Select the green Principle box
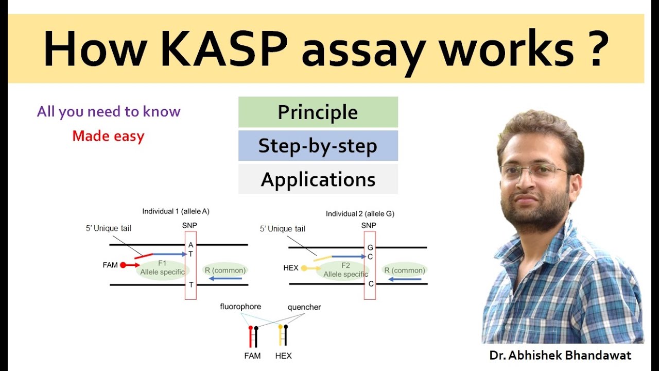coord(318,112)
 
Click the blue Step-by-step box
coord(318,146)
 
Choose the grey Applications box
coord(318,179)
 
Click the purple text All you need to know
coord(109,112)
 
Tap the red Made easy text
coord(108,136)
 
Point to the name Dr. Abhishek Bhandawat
coord(561,355)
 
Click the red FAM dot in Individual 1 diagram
coord(123,265)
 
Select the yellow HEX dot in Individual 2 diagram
coord(304,268)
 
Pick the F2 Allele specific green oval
coord(345,270)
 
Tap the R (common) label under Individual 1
coord(225,270)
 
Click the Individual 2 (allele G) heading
coord(360,213)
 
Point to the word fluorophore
coord(240,307)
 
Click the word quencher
coord(304,307)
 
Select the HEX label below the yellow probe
coord(283,356)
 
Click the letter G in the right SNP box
coord(370,247)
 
